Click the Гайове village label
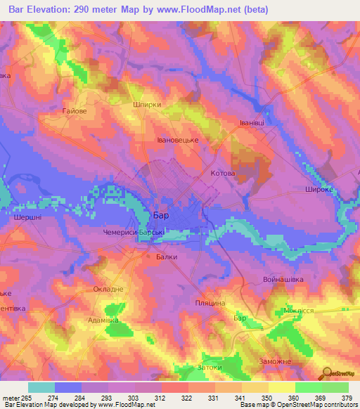click(74, 111)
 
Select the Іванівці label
click(251, 122)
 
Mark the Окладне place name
click(108, 289)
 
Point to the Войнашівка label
click(302, 279)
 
